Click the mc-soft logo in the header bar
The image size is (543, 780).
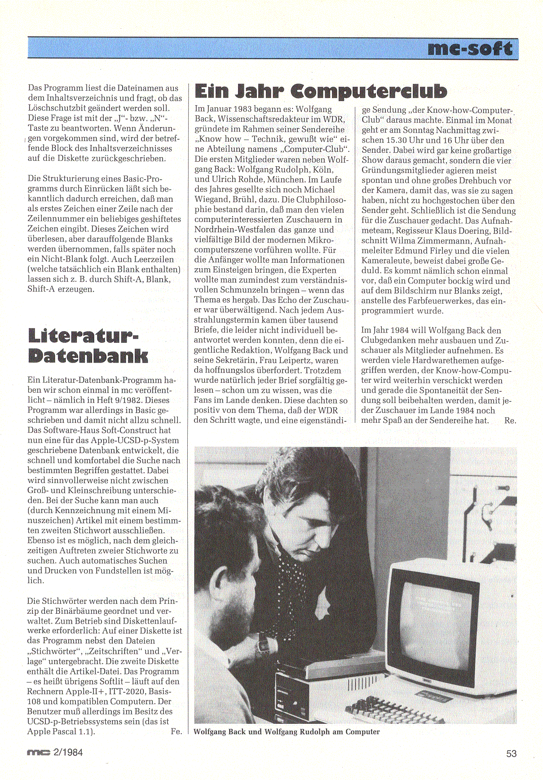470,48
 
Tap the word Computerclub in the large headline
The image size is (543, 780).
369,91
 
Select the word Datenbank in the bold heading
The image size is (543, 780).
88,356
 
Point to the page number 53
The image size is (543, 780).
511,753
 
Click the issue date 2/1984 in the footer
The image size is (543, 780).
68,752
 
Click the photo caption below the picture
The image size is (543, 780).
287,732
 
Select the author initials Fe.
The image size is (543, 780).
176,731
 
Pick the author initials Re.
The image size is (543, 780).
510,421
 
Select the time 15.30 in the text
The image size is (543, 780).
397,140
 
